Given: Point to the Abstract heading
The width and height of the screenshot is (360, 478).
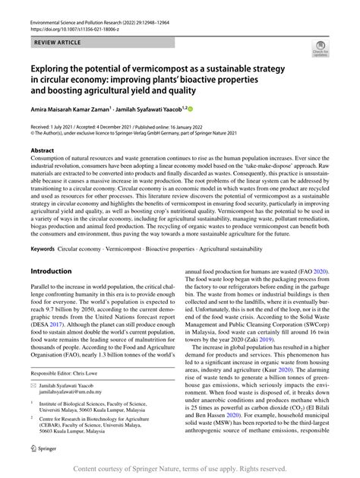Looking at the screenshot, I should (x=44, y=151).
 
